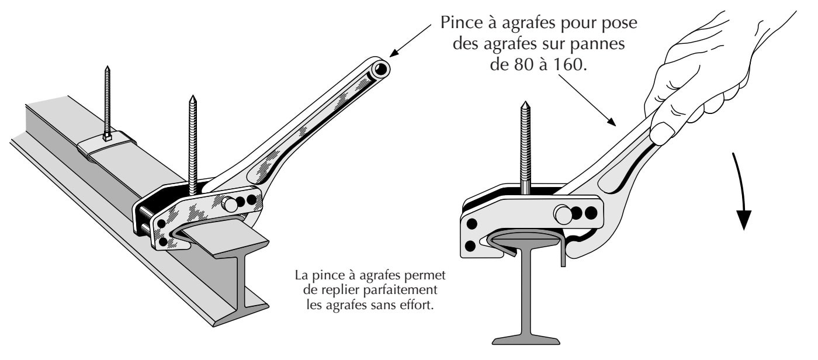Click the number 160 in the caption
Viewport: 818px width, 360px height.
point(569,63)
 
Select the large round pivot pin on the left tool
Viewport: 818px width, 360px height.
point(230,204)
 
